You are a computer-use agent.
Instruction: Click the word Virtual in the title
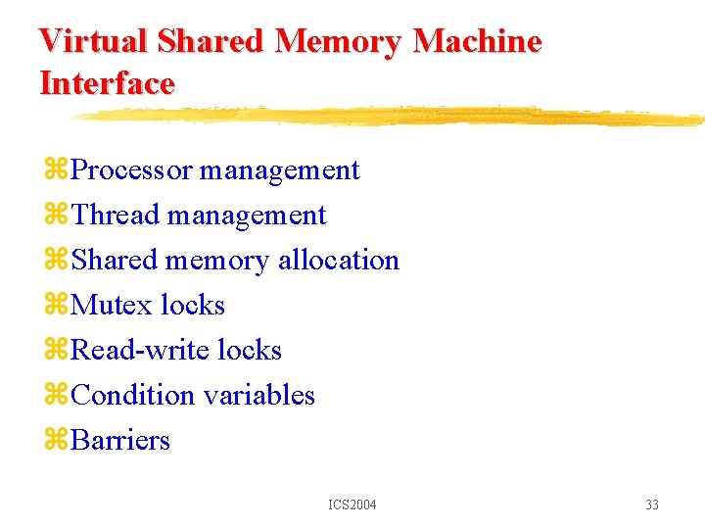click(x=93, y=41)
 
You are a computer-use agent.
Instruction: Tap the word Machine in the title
click(x=478, y=41)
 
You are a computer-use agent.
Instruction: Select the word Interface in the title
click(x=107, y=83)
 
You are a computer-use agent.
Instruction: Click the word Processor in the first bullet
click(x=132, y=170)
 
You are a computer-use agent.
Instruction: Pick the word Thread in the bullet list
click(x=115, y=216)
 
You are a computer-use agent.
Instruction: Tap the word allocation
click(x=339, y=261)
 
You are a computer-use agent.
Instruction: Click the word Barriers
click(x=120, y=441)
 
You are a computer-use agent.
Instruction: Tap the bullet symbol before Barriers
click(x=55, y=442)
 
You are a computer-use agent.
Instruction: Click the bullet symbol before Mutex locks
click(x=55, y=307)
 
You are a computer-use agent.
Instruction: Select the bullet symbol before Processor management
click(x=55, y=171)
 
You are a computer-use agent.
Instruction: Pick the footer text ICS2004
click(x=352, y=505)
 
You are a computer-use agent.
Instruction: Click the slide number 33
click(x=652, y=505)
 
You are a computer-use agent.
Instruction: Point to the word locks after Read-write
click(x=250, y=351)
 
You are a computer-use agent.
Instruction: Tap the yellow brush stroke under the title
click(x=392, y=117)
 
